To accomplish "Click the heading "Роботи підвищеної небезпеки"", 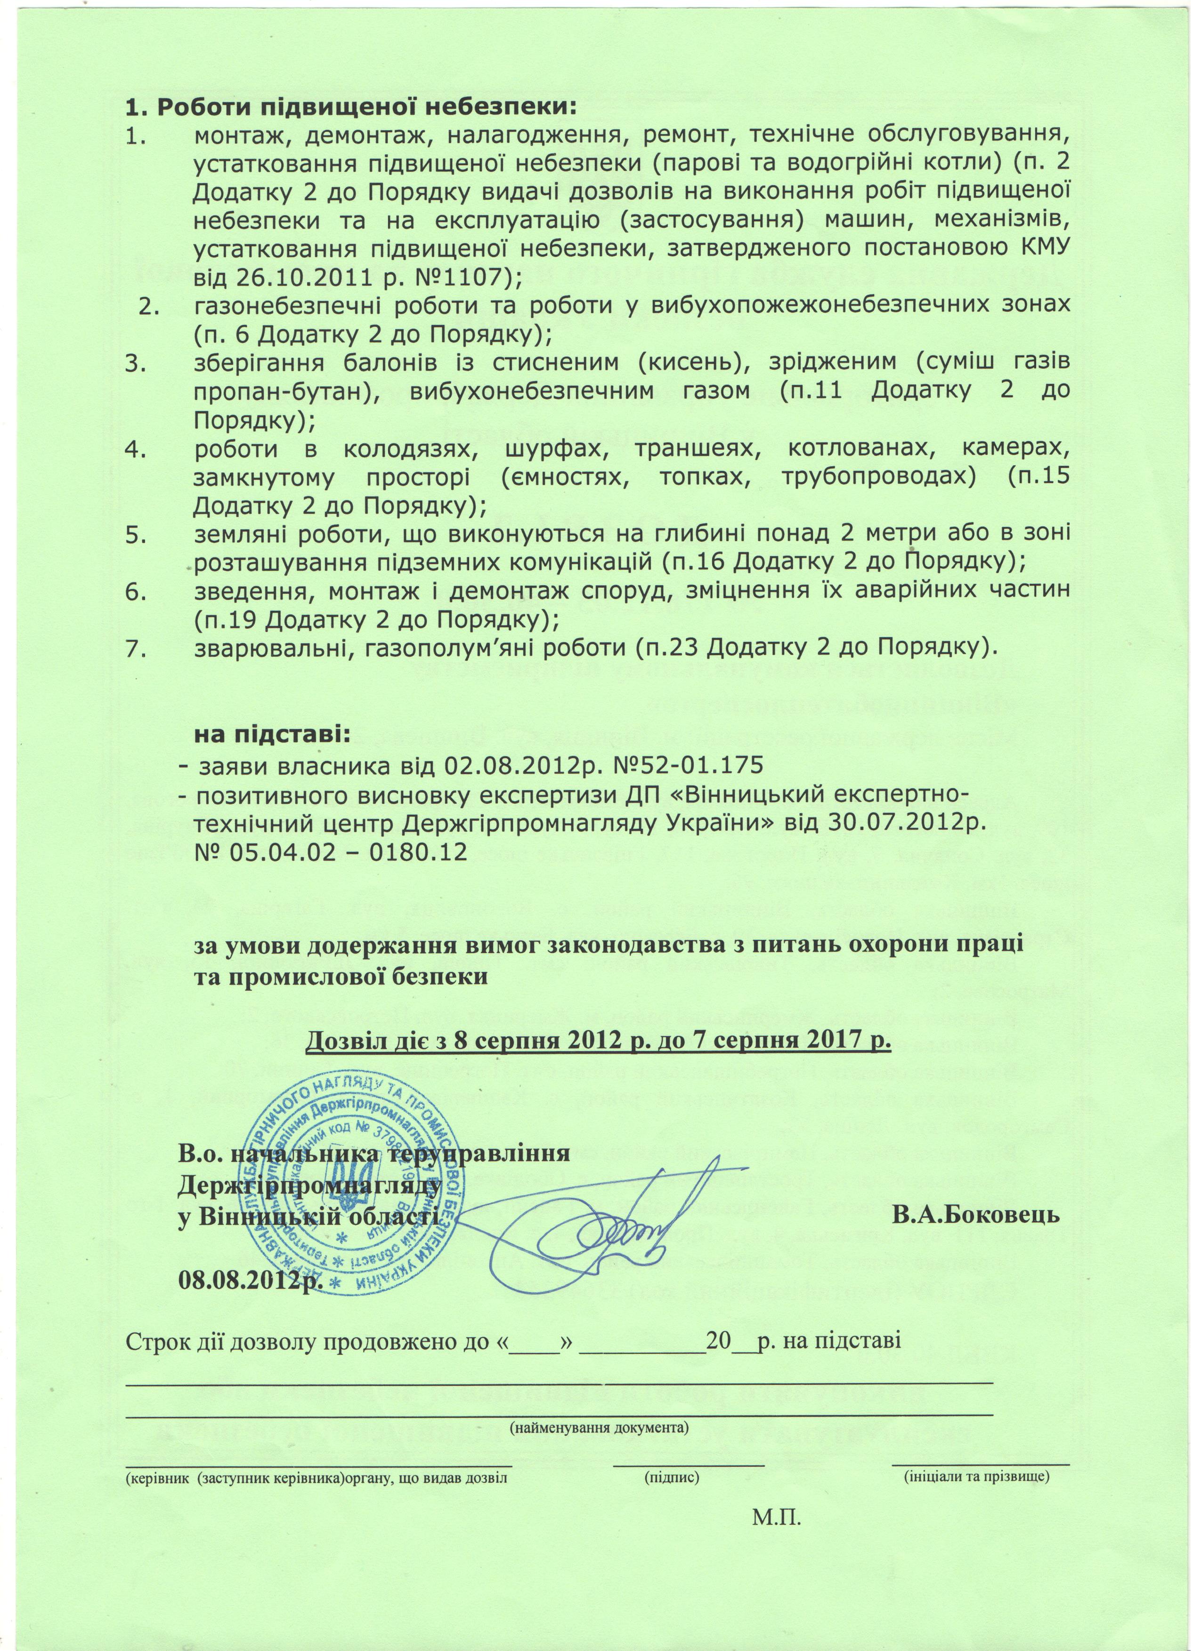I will pyautogui.click(x=351, y=108).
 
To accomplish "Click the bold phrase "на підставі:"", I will pyautogui.click(x=271, y=735).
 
